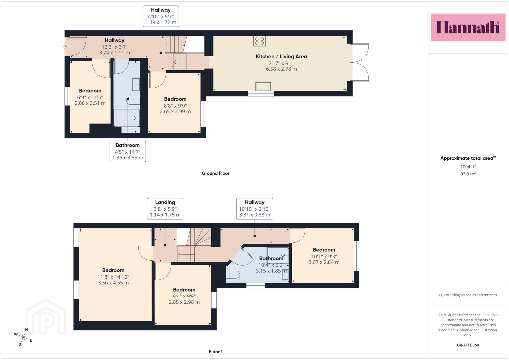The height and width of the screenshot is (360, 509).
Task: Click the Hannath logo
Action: [468, 27]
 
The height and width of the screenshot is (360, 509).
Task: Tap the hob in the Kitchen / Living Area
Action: [259, 41]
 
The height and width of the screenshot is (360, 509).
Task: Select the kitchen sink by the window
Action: [263, 86]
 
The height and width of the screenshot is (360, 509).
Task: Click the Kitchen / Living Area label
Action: [281, 56]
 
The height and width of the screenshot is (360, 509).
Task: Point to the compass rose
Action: [23, 337]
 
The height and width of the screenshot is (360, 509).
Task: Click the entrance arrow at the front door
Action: [65, 47]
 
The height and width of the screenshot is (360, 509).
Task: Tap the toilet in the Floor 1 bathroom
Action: [233, 275]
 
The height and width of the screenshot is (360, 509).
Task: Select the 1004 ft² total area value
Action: [468, 166]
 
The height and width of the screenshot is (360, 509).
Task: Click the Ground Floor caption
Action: [215, 173]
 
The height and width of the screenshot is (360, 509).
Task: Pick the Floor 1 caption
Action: [216, 352]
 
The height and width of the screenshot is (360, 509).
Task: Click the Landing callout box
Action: [165, 209]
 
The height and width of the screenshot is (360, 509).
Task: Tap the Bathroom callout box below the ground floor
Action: [128, 152]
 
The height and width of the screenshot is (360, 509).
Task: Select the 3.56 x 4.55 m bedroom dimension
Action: [113, 283]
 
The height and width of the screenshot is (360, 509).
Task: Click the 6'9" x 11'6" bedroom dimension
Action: [90, 97]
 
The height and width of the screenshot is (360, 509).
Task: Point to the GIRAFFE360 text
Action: [468, 345]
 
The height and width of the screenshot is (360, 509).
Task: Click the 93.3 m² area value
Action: [468, 174]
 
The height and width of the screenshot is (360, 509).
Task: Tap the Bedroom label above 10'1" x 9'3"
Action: [324, 250]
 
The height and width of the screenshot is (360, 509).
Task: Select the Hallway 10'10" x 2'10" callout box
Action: [255, 209]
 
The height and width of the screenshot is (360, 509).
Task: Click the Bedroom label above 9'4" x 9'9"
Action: [184, 290]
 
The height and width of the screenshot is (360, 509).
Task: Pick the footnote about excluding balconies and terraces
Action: [468, 295]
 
